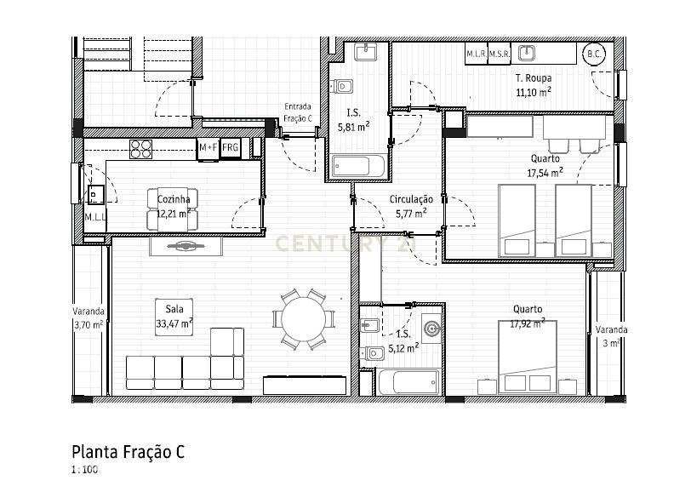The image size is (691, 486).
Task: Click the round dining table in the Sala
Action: click(302, 321)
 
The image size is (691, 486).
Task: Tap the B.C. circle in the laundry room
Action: click(592, 54)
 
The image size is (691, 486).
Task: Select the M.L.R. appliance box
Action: click(476, 54)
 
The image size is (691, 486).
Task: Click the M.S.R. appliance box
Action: click(499, 54)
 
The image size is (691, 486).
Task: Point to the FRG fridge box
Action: click(230, 147)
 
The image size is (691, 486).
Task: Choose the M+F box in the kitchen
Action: click(208, 147)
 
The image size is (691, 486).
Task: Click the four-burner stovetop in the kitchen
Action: click(140, 149)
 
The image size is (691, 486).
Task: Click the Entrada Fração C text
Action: click(298, 112)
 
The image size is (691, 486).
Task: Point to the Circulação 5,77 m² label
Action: click(411, 206)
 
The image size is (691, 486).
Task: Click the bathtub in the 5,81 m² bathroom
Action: click(357, 166)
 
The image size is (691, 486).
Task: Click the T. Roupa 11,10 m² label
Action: click(534, 84)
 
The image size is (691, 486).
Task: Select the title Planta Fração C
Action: click(128, 451)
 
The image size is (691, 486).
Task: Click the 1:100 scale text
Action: click(84, 469)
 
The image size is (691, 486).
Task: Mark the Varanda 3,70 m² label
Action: click(88, 317)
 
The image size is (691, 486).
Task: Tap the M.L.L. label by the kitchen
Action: click(94, 218)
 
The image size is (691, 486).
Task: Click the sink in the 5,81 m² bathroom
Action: click(366, 53)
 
